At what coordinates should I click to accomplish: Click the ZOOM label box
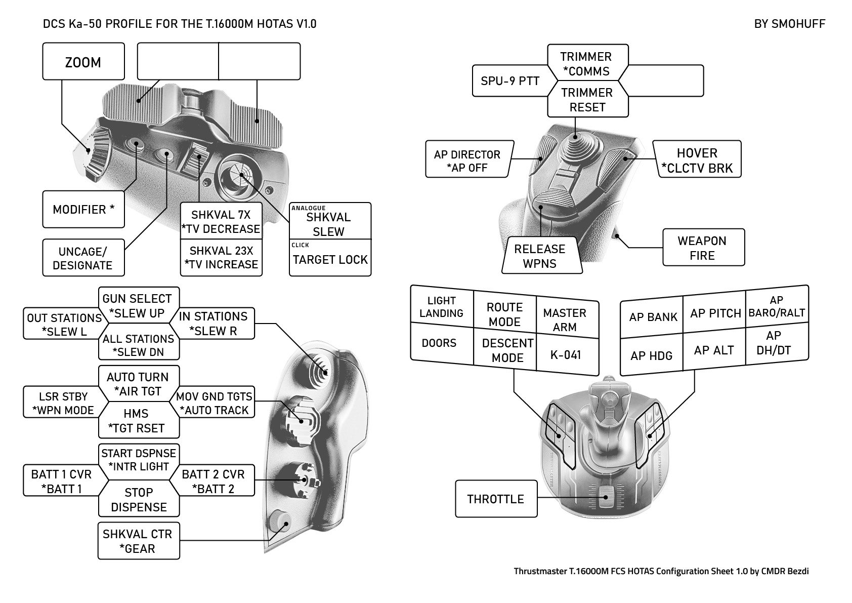pyautogui.click(x=83, y=62)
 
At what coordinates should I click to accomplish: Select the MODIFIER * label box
pyautogui.click(x=83, y=209)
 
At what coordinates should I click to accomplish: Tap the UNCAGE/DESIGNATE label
pyautogui.click(x=83, y=258)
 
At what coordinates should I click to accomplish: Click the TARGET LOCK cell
pyautogui.click(x=330, y=259)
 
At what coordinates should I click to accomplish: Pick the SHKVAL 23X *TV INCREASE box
pyautogui.click(x=221, y=258)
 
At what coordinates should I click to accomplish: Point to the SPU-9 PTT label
pyautogui.click(x=510, y=81)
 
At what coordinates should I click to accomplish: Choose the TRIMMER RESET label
pyautogui.click(x=587, y=100)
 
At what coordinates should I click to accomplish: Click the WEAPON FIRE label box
pyautogui.click(x=703, y=248)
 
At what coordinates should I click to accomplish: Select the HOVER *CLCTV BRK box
pyautogui.click(x=697, y=160)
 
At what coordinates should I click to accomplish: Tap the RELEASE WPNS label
pyautogui.click(x=540, y=256)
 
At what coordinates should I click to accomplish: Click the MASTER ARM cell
pyautogui.click(x=565, y=319)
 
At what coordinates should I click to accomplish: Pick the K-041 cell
pyautogui.click(x=566, y=355)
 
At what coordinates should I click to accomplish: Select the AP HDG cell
pyautogui.click(x=651, y=355)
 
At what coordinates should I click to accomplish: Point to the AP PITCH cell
pyautogui.click(x=715, y=313)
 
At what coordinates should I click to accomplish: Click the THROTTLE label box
pyautogui.click(x=496, y=499)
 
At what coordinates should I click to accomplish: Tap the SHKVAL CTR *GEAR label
pyautogui.click(x=138, y=541)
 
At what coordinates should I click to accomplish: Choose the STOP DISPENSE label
pyautogui.click(x=139, y=499)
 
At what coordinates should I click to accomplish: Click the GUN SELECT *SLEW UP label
pyautogui.click(x=138, y=305)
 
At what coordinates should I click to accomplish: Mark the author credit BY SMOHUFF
pyautogui.click(x=789, y=24)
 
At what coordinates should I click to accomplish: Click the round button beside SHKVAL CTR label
pyautogui.click(x=279, y=522)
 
